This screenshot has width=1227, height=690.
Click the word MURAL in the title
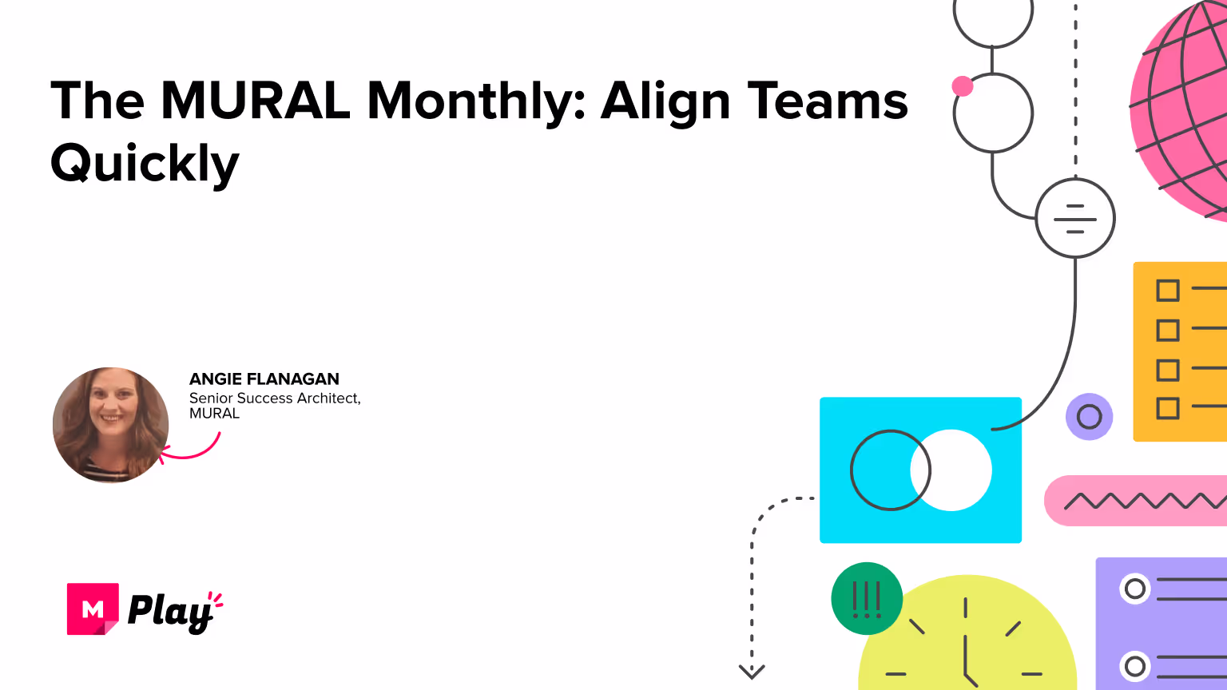click(256, 101)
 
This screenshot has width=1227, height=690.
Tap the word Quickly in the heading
click(145, 163)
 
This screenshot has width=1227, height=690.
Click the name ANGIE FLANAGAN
click(264, 379)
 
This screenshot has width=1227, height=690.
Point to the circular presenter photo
click(111, 425)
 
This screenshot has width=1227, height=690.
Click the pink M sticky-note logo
click(93, 609)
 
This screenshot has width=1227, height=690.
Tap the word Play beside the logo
click(170, 612)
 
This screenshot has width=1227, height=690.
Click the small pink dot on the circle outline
click(963, 86)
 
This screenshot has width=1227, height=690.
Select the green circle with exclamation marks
click(867, 598)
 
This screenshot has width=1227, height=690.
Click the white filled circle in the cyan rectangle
click(951, 470)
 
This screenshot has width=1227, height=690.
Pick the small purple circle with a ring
click(1089, 417)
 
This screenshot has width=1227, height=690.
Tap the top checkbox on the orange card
click(1168, 291)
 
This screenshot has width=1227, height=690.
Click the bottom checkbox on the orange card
click(1168, 409)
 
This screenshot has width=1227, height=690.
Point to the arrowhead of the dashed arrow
click(752, 672)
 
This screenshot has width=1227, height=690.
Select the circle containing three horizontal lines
click(1075, 218)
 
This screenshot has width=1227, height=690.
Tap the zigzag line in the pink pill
click(1145, 501)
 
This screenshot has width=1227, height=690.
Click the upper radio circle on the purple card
click(1134, 589)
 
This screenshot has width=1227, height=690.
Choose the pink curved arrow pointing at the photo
click(189, 450)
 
